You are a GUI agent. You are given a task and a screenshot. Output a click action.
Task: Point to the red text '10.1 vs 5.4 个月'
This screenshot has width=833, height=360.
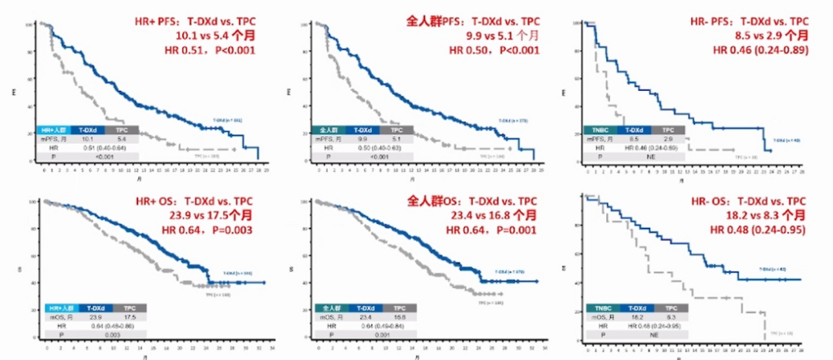pyautogui.click(x=208, y=36)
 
